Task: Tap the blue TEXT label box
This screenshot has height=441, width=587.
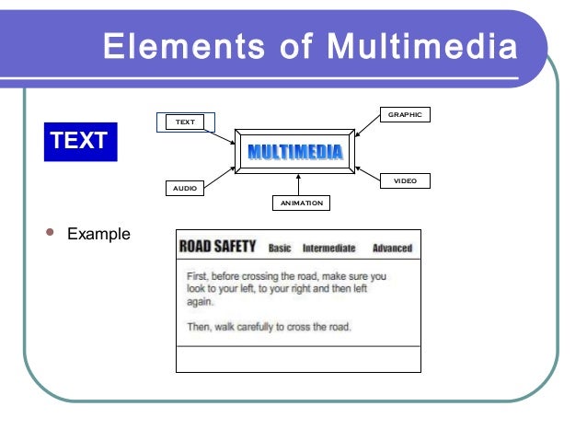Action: coord(79,141)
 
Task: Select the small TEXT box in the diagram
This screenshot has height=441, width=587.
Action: coord(186,122)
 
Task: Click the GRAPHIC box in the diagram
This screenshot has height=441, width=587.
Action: coord(404,115)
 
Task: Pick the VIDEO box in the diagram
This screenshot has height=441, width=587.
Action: coord(405,181)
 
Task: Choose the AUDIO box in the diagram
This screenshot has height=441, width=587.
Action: coord(185,187)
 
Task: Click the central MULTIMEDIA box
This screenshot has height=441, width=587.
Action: coord(294,151)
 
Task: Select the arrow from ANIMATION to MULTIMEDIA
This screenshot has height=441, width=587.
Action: coord(299,183)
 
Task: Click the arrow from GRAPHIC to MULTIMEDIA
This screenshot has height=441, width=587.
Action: coord(367,129)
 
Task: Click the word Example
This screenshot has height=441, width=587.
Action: coord(98,235)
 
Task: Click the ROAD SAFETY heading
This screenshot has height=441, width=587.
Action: coord(217,247)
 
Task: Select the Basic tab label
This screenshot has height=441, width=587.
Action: coord(280,248)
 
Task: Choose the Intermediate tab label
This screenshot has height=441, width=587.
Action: coord(328,248)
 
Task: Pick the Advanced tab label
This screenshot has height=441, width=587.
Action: coord(392,248)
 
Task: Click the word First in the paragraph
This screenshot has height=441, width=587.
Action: coord(197,275)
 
